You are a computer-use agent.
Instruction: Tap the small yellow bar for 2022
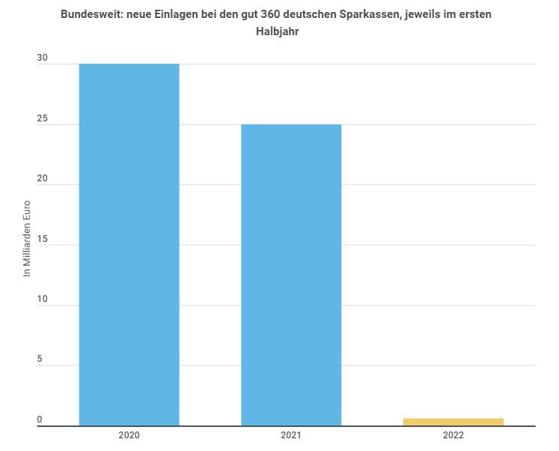pos(453,422)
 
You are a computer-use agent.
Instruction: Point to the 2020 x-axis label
pos(129,435)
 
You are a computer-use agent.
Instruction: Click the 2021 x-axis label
pos(291,435)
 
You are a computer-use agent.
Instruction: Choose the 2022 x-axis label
pos(453,435)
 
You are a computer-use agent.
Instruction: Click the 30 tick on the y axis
pos(43,58)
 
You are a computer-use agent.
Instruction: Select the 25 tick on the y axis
pos(43,118)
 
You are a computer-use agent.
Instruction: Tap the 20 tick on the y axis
pos(43,178)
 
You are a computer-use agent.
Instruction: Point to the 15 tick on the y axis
pos(43,239)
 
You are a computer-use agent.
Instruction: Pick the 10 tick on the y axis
pos(43,299)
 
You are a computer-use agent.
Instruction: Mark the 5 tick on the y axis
pos(40,360)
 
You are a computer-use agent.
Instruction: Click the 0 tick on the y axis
pos(40,420)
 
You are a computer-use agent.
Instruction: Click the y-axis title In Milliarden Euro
pos(27,238)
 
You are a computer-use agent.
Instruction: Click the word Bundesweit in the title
pos(93,14)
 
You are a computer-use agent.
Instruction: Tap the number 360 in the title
pos(272,14)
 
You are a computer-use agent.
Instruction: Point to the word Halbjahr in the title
pos(278,31)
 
